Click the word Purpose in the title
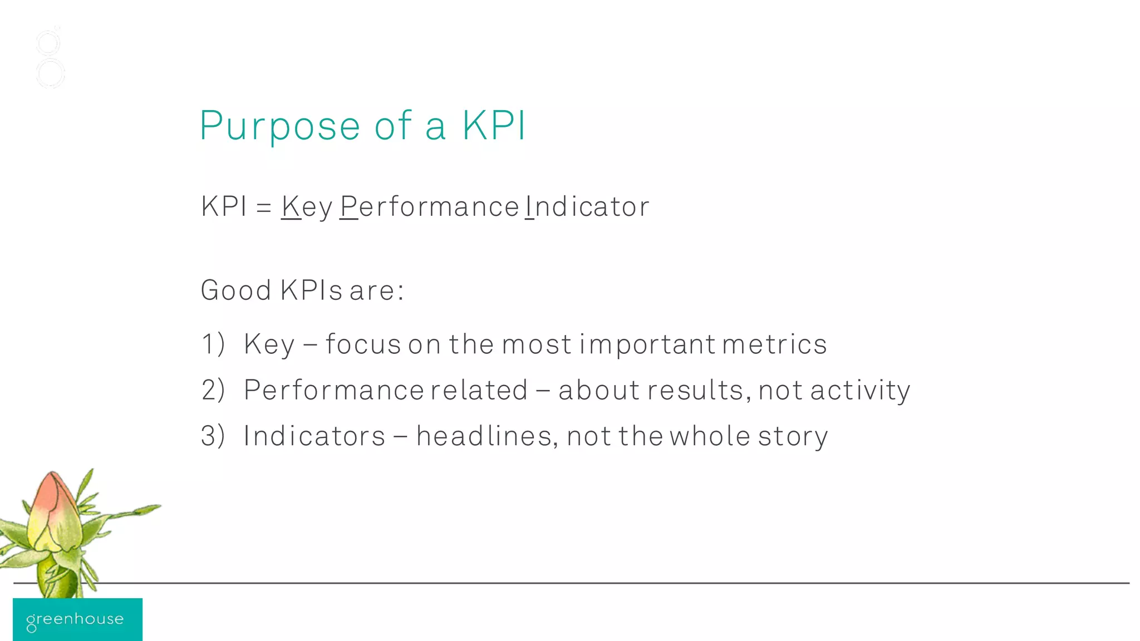tap(280, 126)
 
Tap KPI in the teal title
tap(494, 125)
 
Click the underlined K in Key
tap(291, 206)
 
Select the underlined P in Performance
tap(349, 206)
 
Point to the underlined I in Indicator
tap(529, 206)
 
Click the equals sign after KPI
tap(264, 208)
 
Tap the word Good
tap(236, 290)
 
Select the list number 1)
tap(213, 343)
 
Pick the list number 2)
tap(213, 389)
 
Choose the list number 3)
tap(213, 436)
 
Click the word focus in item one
tap(363, 343)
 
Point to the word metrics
tap(774, 343)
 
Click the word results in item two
tap(695, 389)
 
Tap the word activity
tap(860, 391)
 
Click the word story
tap(793, 437)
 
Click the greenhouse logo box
tap(77, 619)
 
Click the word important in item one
tap(647, 344)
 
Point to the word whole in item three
tap(710, 436)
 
